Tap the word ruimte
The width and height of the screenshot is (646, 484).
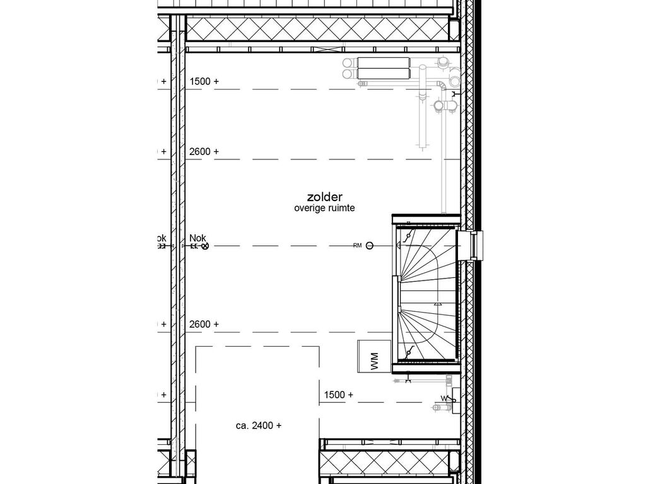(341, 209)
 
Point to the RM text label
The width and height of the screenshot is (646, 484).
(358, 246)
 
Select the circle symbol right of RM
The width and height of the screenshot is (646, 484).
(370, 246)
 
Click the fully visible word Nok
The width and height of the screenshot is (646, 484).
(197, 238)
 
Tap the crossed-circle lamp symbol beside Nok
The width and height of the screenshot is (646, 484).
(204, 246)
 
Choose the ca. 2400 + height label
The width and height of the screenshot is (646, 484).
(259, 425)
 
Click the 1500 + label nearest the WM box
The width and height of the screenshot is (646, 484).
(338, 395)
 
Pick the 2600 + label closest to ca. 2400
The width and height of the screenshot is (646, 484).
(204, 324)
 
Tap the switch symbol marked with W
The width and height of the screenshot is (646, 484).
(445, 398)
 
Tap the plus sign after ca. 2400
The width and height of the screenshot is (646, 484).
(278, 425)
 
